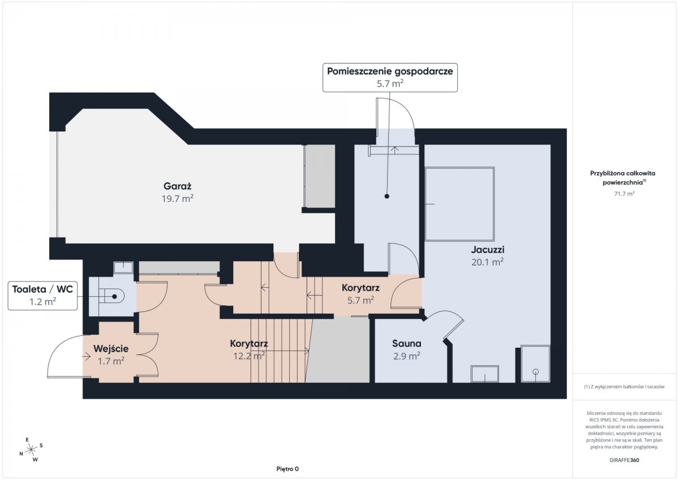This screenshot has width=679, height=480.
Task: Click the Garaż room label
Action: tap(177, 186)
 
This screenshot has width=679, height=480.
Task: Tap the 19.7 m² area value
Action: tap(177, 198)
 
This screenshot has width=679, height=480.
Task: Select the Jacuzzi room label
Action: tap(487, 249)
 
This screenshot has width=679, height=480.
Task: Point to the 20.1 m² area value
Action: tap(487, 262)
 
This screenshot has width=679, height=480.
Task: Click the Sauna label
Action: tap(406, 343)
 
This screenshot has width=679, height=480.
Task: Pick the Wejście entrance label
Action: tap(111, 349)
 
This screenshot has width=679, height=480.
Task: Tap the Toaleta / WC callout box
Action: tap(43, 296)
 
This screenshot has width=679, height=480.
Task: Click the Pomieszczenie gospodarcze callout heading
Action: tap(390, 71)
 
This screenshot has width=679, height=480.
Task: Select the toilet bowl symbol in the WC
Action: tap(112, 296)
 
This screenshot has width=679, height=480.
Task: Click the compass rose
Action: tap(31, 449)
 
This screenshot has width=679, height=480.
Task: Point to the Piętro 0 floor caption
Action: tap(287, 469)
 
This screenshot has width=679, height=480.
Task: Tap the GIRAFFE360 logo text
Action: tap(624, 460)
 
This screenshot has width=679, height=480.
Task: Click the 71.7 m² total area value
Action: tap(624, 193)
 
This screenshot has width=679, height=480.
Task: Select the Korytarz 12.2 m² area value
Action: tap(249, 356)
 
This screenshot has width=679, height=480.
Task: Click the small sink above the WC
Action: tap(123, 268)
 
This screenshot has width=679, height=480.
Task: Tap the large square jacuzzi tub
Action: tap(459, 204)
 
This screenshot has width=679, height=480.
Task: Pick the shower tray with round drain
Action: tap(535, 364)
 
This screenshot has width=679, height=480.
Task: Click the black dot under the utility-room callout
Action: tap(387, 196)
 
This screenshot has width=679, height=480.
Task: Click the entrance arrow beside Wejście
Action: tap(87, 357)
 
